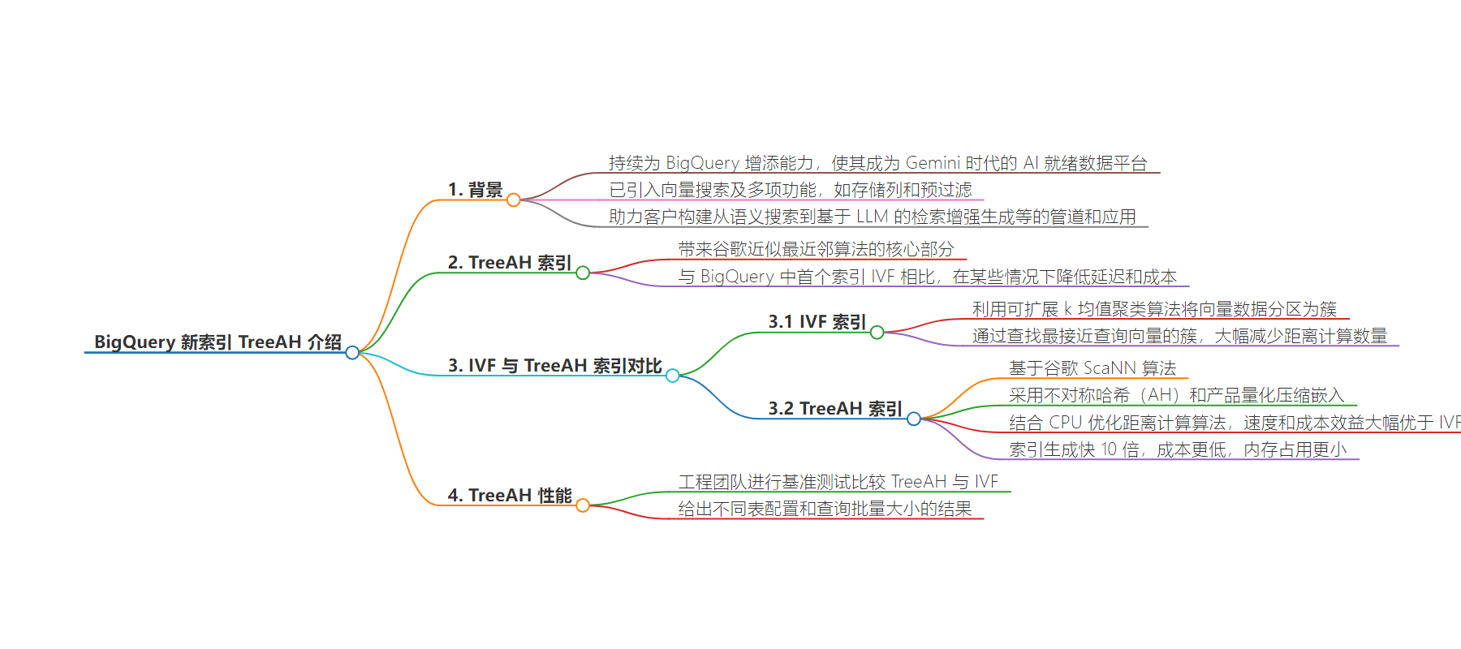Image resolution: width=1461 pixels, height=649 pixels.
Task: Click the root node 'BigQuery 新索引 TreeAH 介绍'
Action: click(x=218, y=342)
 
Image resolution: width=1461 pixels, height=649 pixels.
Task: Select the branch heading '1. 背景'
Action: click(x=476, y=190)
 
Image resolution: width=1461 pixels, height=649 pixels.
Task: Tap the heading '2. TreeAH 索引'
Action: click(x=510, y=263)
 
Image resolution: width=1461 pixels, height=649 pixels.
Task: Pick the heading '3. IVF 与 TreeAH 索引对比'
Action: click(x=555, y=366)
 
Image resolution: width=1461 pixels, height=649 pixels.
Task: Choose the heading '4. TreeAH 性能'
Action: click(x=510, y=496)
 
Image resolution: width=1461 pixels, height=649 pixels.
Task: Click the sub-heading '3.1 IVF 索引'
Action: click(x=817, y=322)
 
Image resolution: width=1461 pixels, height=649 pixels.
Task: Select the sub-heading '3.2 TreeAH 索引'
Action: click(x=835, y=409)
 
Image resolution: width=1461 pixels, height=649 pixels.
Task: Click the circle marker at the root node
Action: click(x=352, y=352)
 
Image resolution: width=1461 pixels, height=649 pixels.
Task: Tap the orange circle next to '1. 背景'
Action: click(x=514, y=200)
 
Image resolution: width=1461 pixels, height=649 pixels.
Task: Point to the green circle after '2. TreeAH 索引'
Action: click(x=583, y=273)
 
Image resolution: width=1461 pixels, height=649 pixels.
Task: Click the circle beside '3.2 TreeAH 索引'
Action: click(x=914, y=419)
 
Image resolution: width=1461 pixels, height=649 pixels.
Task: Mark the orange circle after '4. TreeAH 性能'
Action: click(x=583, y=505)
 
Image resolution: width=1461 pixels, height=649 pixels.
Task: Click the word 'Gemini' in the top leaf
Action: click(x=933, y=163)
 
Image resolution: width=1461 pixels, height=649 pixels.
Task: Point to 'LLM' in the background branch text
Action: click(x=873, y=217)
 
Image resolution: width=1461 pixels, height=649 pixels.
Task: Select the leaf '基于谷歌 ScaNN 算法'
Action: click(x=1093, y=368)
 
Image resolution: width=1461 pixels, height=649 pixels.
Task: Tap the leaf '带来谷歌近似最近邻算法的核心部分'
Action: click(x=817, y=249)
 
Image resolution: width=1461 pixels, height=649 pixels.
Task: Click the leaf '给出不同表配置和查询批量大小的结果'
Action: click(x=825, y=509)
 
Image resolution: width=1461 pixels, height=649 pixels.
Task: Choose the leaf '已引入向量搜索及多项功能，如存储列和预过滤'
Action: click(x=791, y=190)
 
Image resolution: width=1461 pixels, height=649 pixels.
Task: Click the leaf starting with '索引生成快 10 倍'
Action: click(x=1178, y=449)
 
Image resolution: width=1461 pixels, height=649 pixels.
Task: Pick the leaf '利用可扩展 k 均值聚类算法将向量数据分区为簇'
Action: click(x=1154, y=309)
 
